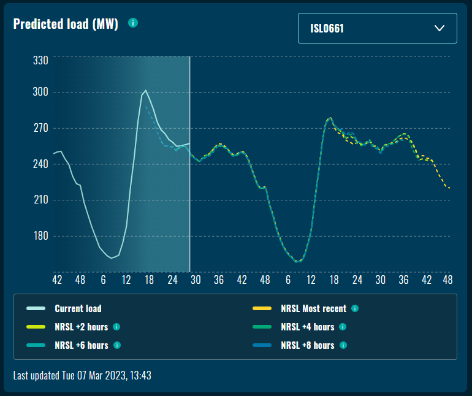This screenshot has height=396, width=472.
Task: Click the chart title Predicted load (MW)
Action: [66, 24]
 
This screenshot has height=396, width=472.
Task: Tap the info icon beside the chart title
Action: [133, 23]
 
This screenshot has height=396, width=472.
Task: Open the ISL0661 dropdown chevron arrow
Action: [439, 28]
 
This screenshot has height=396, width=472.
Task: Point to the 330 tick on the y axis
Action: [40, 60]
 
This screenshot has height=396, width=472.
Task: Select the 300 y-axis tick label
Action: [40, 93]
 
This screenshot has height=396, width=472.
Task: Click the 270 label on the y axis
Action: [40, 129]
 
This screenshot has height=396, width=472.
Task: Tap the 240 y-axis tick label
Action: [40, 164]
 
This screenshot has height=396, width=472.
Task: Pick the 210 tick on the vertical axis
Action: [40, 200]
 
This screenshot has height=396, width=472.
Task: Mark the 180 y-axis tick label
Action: [40, 236]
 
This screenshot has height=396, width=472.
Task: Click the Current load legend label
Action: [78, 308]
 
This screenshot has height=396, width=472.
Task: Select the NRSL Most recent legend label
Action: [313, 308]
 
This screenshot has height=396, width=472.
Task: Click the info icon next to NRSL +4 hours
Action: [343, 327]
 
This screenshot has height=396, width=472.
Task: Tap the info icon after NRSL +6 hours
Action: [116, 345]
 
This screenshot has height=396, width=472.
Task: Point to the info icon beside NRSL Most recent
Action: [354, 308]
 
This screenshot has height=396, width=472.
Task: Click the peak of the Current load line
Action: [145, 91]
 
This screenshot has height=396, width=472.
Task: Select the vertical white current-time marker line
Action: [189, 184]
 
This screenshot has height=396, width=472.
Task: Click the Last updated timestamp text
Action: [82, 375]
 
